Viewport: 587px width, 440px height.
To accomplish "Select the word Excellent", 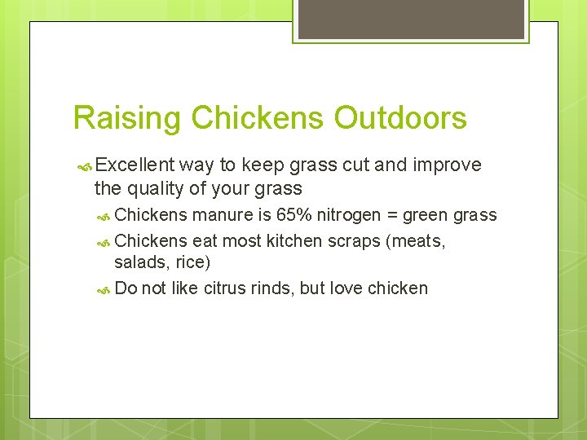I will [134, 165].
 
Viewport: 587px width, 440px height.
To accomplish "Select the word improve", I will [448, 165].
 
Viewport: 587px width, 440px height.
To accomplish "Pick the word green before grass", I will [431, 216].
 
